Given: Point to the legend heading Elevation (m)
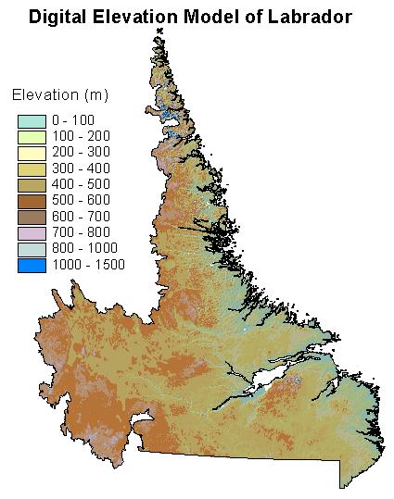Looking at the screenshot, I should pyautogui.click(x=59, y=94).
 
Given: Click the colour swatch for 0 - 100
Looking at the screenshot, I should pyautogui.click(x=32, y=120).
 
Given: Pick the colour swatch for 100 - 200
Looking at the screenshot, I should pyautogui.click(x=32, y=136).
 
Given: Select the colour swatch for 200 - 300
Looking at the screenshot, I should pyautogui.click(x=32, y=152).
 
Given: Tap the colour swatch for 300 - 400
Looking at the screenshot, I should pyautogui.click(x=32, y=168).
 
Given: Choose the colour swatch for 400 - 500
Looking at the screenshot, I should pyautogui.click(x=32, y=184).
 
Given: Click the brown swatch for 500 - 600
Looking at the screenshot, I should pyautogui.click(x=32, y=201).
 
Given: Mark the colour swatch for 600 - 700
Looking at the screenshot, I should pyautogui.click(x=32, y=217).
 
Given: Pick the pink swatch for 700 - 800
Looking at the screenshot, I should pyautogui.click(x=32, y=233).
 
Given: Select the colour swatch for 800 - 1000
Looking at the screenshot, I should pyautogui.click(x=32, y=249).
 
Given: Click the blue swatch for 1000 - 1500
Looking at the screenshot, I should pyautogui.click(x=32, y=266).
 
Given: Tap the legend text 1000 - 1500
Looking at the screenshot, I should pyautogui.click(x=88, y=266).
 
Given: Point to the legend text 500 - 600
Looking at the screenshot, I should pyautogui.click(x=81, y=201).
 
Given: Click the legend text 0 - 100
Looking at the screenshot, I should pyautogui.click(x=73, y=120).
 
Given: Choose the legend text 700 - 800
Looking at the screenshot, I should pyautogui.click(x=81, y=233).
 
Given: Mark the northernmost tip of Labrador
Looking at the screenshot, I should pyautogui.click(x=159, y=30).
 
